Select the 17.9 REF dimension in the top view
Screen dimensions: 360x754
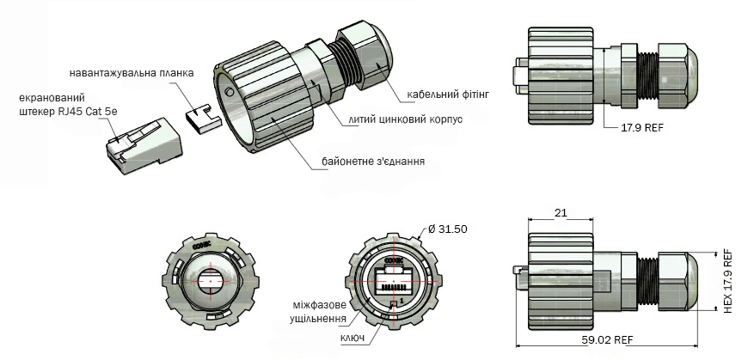[x=642, y=126]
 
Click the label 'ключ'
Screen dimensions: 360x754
[x=352, y=339]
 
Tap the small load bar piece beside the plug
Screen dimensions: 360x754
[x=204, y=117]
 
